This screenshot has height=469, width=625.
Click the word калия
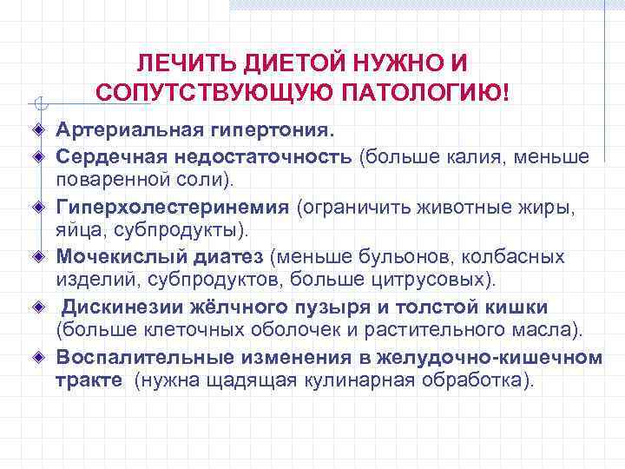(487, 157)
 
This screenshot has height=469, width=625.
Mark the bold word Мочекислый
(117, 257)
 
